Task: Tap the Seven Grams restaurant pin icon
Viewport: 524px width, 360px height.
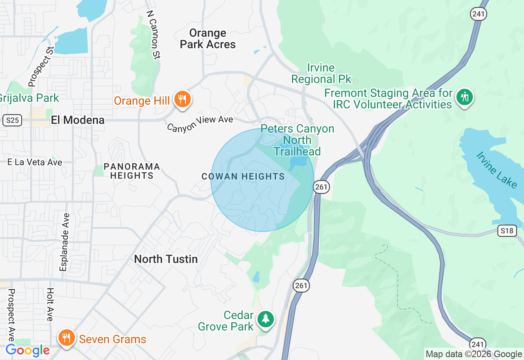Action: coord(66,338)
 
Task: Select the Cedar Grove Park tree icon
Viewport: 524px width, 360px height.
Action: coord(266,319)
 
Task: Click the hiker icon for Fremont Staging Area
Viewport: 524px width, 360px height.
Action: coord(465,97)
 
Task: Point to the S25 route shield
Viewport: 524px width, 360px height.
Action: coord(12,120)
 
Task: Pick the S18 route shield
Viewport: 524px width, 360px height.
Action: coord(506,231)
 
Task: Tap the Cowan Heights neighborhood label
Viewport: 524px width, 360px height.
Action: coord(243,176)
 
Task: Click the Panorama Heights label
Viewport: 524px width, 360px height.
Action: coord(131,171)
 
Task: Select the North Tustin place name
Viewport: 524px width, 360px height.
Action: coord(166,259)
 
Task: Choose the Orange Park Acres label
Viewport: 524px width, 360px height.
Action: coord(208,38)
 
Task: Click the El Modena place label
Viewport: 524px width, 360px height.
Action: coord(77,120)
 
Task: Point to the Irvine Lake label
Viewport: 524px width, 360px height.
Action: coord(497,170)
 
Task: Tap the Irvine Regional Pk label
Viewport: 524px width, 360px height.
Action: coord(321,73)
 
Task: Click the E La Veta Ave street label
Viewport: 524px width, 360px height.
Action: coord(35,162)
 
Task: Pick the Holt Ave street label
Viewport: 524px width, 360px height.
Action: coord(50,304)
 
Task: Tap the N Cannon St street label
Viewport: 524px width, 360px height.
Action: coord(153,35)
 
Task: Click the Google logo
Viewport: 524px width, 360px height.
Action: coord(27,351)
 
